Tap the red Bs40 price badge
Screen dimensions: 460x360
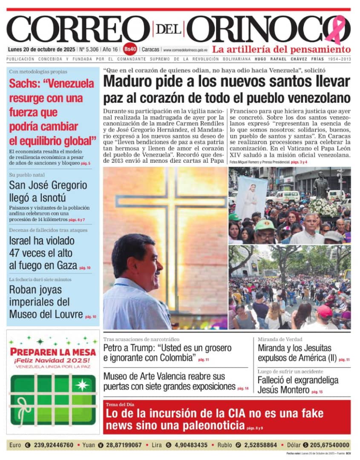(x=131, y=49)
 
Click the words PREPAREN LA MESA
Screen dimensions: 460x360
(x=53, y=352)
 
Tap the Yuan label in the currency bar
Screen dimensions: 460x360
(x=89, y=445)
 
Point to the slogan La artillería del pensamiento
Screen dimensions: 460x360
(x=281, y=49)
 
